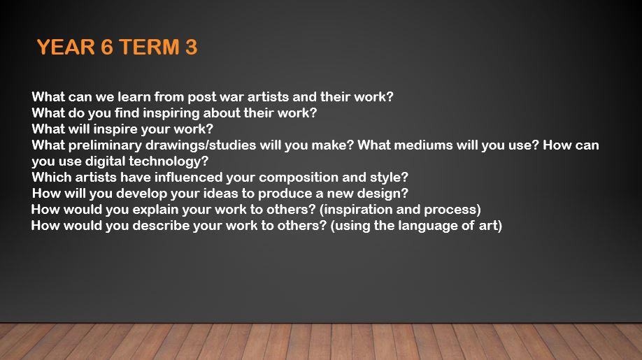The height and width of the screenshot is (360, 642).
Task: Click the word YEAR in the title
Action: coord(66,47)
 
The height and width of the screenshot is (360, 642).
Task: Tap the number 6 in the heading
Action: coord(107,47)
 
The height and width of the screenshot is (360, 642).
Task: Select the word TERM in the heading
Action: coord(150,47)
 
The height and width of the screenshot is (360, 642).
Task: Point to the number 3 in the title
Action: coord(191,47)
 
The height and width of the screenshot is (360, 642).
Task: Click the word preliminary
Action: coord(105,145)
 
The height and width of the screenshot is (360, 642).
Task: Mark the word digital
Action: coord(105,161)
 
